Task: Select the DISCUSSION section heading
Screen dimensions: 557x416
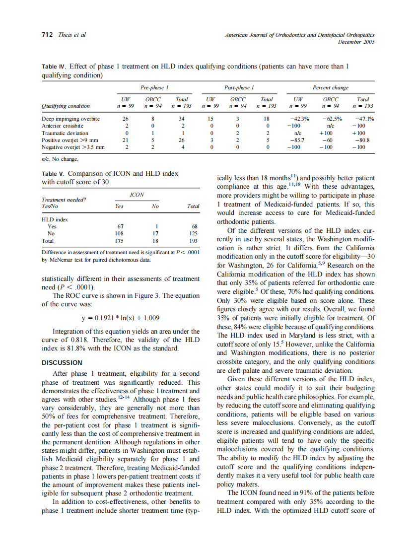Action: [62, 362]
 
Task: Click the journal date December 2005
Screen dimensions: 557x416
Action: [356, 42]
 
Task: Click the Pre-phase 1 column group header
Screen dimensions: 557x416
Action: [154, 88]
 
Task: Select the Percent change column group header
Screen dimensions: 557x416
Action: [330, 88]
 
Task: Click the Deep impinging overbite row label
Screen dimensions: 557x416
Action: [71, 119]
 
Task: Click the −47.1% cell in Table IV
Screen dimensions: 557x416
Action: [364, 119]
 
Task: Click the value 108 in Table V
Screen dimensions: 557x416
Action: [119, 233]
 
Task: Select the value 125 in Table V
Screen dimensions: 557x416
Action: [194, 233]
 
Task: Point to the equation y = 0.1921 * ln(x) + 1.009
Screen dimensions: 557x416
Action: [120, 318]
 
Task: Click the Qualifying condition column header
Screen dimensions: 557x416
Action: [66, 106]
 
